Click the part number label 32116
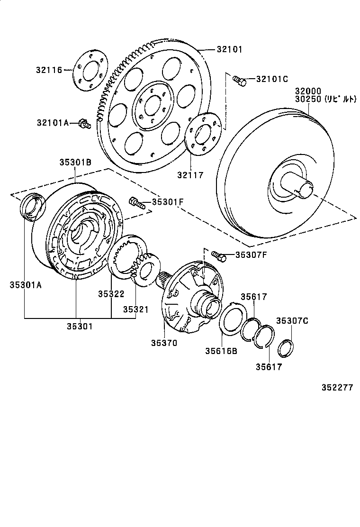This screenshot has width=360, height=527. click(x=49, y=70)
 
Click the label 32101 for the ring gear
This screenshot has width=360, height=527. click(x=230, y=49)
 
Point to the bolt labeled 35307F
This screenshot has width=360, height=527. click(x=218, y=256)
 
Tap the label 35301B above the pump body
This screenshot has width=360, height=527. click(x=75, y=162)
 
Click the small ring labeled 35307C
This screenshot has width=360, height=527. click(x=285, y=348)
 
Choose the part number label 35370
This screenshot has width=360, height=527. click(x=164, y=342)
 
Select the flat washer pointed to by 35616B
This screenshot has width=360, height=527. click(x=233, y=320)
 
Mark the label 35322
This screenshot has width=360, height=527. click(x=111, y=293)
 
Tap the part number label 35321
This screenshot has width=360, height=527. click(x=136, y=309)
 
